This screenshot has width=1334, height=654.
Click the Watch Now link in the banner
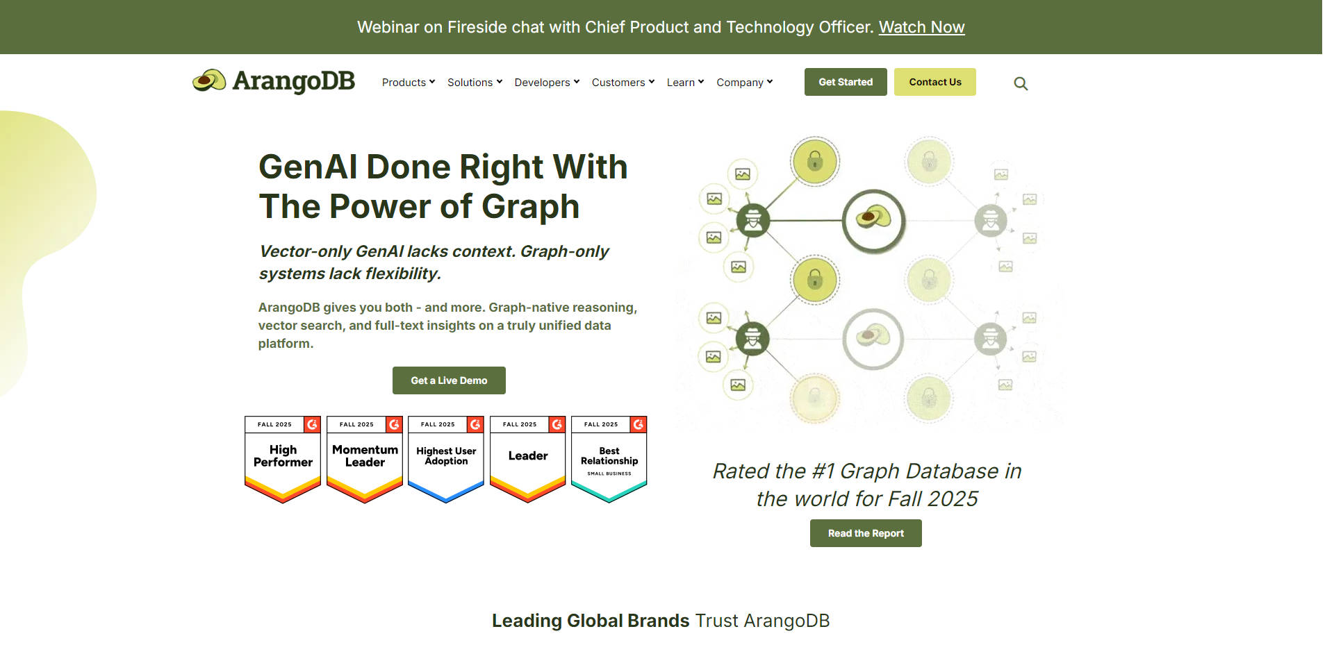[x=921, y=27]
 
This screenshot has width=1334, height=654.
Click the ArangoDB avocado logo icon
[x=209, y=81]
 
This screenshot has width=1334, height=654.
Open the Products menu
[x=408, y=83]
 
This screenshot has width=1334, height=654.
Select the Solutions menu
[x=475, y=83]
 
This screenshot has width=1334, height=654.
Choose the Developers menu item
[x=547, y=83]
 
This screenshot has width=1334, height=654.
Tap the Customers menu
[x=623, y=83]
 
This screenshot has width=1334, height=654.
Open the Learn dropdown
[x=685, y=83]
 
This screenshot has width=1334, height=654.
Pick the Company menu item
[x=744, y=83]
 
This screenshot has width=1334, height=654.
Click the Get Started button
[x=846, y=82]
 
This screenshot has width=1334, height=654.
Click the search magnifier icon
[x=1021, y=83]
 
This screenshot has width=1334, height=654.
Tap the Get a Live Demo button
[x=449, y=380]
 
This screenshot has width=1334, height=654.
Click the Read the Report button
[x=866, y=533]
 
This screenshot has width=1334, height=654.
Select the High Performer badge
[x=283, y=458]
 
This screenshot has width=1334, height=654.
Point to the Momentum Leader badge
[x=365, y=458]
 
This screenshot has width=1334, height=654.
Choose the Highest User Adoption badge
[x=446, y=458]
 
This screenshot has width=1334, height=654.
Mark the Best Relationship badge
[x=609, y=458]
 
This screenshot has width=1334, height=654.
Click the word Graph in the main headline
[x=530, y=207]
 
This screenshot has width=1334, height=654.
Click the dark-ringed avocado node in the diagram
[x=873, y=220]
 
